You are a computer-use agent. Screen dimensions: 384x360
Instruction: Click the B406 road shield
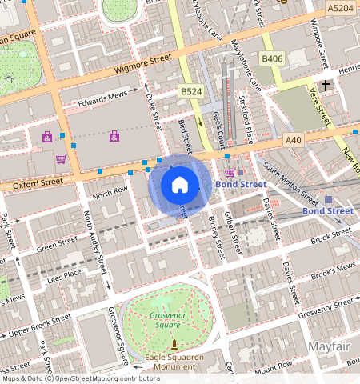tap(273, 58)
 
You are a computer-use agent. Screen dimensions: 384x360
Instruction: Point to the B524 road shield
tap(190, 93)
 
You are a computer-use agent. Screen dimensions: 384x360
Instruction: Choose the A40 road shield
tap(294, 140)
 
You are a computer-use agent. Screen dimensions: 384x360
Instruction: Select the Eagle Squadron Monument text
tap(174, 362)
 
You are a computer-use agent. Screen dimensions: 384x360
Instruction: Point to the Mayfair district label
tap(332, 346)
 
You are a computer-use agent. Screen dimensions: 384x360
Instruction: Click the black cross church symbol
tap(326, 85)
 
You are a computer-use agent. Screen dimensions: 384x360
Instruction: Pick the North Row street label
tap(110, 193)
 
